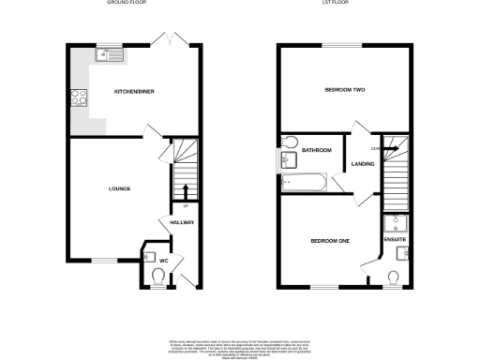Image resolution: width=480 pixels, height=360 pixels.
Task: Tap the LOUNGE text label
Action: pos(118,189)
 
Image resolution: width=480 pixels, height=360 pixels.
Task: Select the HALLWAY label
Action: pos(181,222)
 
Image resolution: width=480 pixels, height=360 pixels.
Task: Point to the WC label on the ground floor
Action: pos(162,260)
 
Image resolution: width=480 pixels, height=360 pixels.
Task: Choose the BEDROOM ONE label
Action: pos(330,241)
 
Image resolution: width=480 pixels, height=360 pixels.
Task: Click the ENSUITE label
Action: pos(395,240)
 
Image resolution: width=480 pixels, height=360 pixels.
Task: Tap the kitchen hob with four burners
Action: pos(77,97)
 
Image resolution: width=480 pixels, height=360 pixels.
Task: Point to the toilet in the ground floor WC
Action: pos(157,275)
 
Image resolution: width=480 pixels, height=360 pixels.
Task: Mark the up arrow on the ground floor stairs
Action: pos(184,190)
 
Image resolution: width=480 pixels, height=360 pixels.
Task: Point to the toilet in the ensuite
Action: pos(396,276)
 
